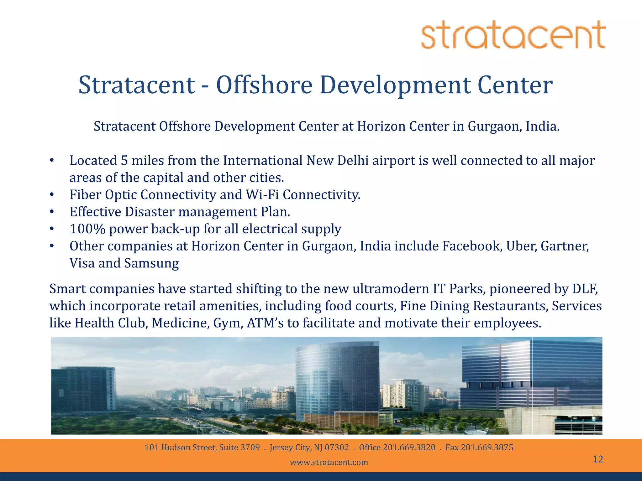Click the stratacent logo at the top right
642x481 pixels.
pyautogui.click(x=513, y=34)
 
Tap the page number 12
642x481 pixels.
pyautogui.click(x=598, y=459)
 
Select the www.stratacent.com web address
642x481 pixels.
pyautogui.click(x=329, y=462)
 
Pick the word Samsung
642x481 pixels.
pyautogui.click(x=151, y=263)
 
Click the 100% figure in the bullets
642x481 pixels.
pyautogui.click(x=87, y=229)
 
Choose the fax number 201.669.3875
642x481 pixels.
pyautogui.click(x=487, y=447)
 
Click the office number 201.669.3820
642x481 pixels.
pyautogui.click(x=409, y=447)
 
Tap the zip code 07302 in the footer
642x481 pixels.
pyautogui.click(x=337, y=447)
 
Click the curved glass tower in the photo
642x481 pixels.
pyautogui.click(x=337, y=382)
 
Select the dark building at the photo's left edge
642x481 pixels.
pyautogui.click(x=83, y=388)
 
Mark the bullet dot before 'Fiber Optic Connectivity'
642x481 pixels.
pyautogui.click(x=52, y=195)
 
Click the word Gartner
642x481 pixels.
pyautogui.click(x=565, y=246)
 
